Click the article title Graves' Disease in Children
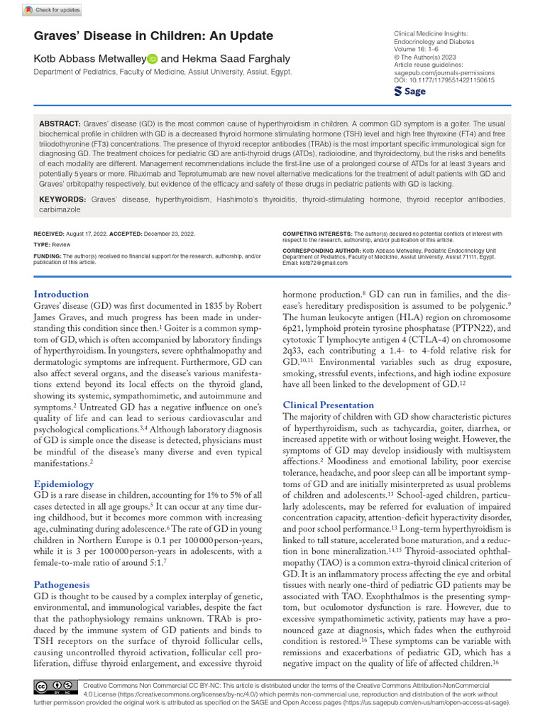coord(153,36)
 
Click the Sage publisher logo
coord(411,92)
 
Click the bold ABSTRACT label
coord(60,124)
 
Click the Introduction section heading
coord(62,294)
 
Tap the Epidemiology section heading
coord(64,484)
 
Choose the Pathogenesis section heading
coord(64,584)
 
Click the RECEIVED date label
coord(49,234)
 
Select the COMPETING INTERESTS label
coord(316,234)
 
